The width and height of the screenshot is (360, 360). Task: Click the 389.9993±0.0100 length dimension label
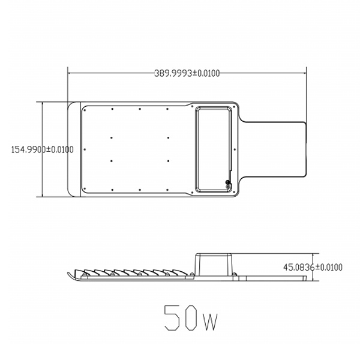(x=187, y=73)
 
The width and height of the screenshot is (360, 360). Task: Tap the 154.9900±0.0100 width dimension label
(x=43, y=149)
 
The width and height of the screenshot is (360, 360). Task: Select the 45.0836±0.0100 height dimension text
(x=313, y=267)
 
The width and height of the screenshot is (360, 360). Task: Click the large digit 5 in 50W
(x=172, y=318)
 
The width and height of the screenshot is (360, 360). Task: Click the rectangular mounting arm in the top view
(x=274, y=149)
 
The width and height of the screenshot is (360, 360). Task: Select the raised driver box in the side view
(x=214, y=264)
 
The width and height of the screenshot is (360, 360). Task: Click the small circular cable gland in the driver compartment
(x=228, y=182)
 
